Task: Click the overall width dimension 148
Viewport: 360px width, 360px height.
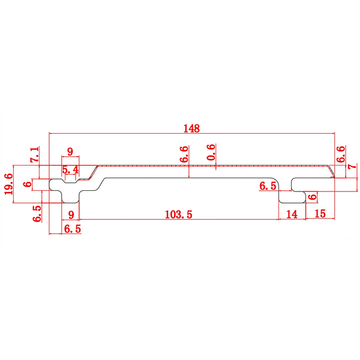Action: pyautogui.click(x=192, y=128)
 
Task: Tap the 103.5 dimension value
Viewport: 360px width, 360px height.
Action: pyautogui.click(x=179, y=214)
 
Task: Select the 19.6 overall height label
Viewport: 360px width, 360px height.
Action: pyautogui.click(x=9, y=184)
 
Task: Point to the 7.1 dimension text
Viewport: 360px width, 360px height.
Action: pyautogui.click(x=35, y=155)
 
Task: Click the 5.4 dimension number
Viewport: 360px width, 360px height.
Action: pyautogui.click(x=70, y=170)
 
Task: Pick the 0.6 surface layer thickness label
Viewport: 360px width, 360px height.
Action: pyautogui.click(x=211, y=152)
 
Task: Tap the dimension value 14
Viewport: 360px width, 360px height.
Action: pyautogui.click(x=292, y=214)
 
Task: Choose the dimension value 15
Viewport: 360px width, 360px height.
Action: pyautogui.click(x=320, y=214)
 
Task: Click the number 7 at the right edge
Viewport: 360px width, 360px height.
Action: pyautogui.click(x=352, y=166)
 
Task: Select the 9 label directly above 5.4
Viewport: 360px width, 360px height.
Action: pyautogui.click(x=70, y=152)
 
